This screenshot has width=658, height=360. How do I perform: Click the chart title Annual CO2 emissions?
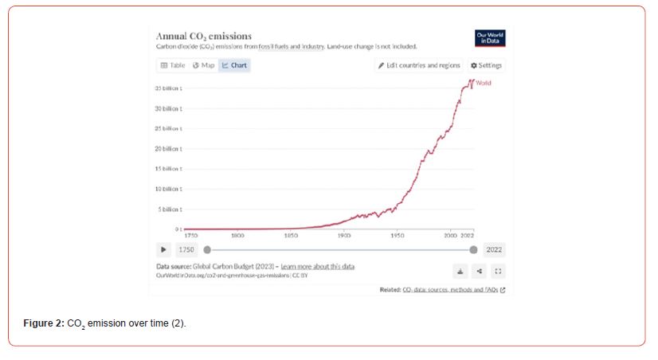coord(203,36)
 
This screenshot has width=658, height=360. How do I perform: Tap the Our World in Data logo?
coord(490,37)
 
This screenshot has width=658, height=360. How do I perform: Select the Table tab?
coord(172,65)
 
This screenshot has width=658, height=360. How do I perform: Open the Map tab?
coord(203,65)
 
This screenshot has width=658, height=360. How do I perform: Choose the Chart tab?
coord(234,65)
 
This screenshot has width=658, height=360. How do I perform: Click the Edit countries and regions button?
coord(419,65)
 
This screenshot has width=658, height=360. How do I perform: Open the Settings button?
coord(487,65)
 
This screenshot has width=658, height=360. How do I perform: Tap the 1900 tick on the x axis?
coord(344,236)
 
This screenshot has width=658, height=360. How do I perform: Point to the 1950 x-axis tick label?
coord(398,236)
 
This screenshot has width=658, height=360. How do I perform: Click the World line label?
coord(484,83)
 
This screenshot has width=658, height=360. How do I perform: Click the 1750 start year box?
coord(186,249)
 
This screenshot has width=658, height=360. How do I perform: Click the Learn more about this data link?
coord(318,266)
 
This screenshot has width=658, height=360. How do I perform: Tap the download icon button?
coord(460,270)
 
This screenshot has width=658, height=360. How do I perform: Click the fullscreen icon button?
coord(498,270)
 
